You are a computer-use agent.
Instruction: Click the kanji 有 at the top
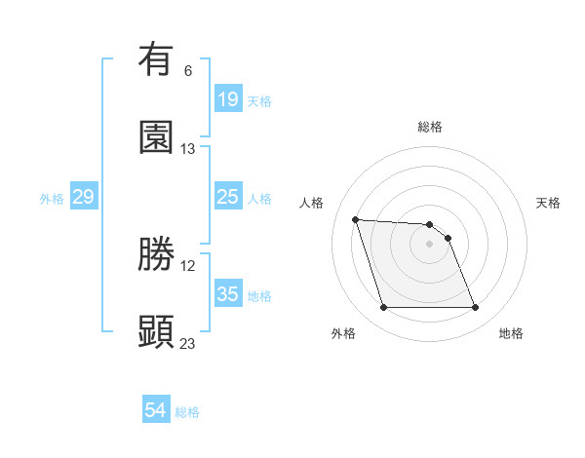click(x=156, y=60)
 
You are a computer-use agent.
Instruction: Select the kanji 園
click(x=156, y=137)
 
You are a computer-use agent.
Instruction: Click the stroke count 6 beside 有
click(x=188, y=70)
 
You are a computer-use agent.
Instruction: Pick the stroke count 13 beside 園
click(x=188, y=148)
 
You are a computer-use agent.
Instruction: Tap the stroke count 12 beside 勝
click(x=188, y=265)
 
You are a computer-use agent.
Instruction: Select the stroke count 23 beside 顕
click(x=188, y=343)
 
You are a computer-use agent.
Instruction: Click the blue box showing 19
click(x=228, y=99)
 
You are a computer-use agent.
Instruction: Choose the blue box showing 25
click(x=228, y=197)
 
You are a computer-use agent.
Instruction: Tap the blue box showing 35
click(x=228, y=294)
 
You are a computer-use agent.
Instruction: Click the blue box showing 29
click(x=83, y=197)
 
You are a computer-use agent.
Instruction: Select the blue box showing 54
click(x=156, y=411)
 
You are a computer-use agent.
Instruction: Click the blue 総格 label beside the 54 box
click(x=187, y=412)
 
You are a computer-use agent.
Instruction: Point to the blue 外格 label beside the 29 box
click(x=52, y=199)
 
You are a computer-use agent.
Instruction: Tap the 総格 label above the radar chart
click(x=430, y=127)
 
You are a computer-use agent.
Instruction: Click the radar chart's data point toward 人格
click(x=356, y=219)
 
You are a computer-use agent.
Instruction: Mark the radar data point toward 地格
click(x=475, y=308)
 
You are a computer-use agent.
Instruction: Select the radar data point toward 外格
click(x=383, y=308)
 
